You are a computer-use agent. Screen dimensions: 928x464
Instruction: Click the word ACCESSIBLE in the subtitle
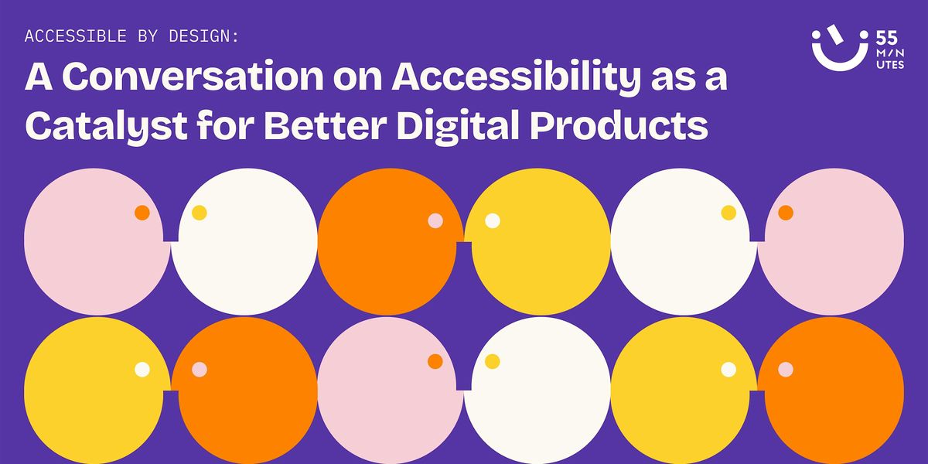76,36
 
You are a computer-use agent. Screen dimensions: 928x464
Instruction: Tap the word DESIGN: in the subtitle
204,36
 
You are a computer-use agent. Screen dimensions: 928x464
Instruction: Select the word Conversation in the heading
193,77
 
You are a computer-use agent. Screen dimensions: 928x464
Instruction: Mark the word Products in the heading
619,125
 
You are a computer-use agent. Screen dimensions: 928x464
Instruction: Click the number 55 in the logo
886,39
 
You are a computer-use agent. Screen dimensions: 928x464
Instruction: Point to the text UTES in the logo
890,65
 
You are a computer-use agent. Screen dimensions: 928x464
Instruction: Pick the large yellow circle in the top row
537,241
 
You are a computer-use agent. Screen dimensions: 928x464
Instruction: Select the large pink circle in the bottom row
391,391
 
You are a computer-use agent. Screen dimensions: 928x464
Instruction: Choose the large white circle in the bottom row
537,391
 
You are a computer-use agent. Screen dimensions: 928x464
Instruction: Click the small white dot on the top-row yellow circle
493,220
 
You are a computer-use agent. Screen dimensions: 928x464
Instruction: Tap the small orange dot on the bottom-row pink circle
435,361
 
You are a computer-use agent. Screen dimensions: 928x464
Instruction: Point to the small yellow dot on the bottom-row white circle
492,361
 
